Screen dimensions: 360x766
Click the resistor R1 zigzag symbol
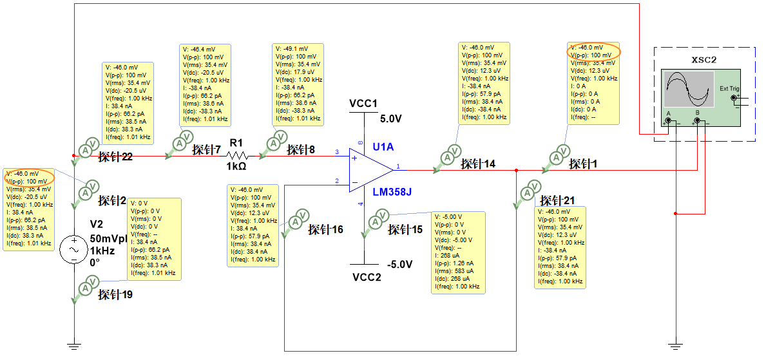[x=237, y=155]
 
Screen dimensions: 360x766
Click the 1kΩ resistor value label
[x=236, y=166]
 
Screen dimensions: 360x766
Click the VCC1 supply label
[x=363, y=104]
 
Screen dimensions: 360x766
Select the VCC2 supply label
[x=367, y=277]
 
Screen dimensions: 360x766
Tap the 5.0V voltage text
[x=390, y=119]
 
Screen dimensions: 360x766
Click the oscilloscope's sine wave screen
[x=689, y=89]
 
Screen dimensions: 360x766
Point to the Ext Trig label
[x=729, y=88]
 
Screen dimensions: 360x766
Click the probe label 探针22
[x=115, y=157]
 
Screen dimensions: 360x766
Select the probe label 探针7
[x=206, y=149]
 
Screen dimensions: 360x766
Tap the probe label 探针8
[x=301, y=149]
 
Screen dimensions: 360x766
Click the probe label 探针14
[x=478, y=164]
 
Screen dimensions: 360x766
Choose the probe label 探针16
[x=325, y=229]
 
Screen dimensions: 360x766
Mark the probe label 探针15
[x=405, y=229]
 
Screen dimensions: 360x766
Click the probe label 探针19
[x=115, y=294]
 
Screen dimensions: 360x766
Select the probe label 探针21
[x=558, y=200]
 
